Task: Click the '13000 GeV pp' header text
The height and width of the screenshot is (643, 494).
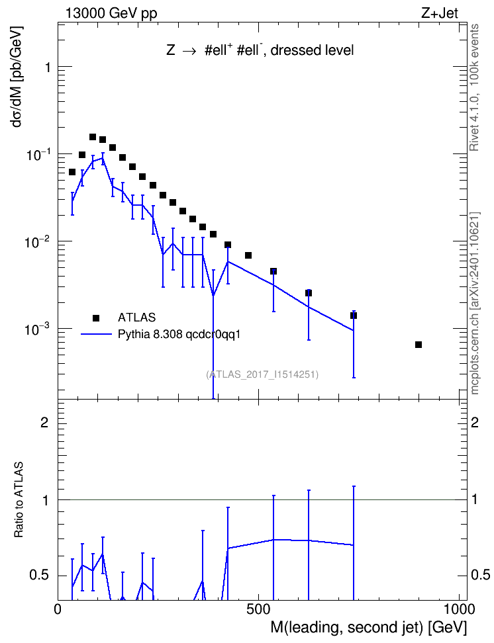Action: click(x=111, y=13)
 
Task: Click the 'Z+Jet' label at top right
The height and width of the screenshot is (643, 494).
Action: click(x=440, y=13)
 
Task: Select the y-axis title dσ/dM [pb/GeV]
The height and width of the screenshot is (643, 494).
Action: click(x=18, y=77)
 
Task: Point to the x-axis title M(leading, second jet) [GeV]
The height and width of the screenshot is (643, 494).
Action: click(x=368, y=627)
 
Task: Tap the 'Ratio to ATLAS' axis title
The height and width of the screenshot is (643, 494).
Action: click(x=19, y=499)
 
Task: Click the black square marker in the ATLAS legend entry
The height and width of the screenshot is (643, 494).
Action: click(x=96, y=318)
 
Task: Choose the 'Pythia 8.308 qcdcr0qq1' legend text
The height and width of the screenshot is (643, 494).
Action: click(x=179, y=334)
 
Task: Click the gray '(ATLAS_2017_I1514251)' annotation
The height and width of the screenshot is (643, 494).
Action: click(x=262, y=374)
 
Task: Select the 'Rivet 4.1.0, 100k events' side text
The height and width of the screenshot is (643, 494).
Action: click(x=474, y=87)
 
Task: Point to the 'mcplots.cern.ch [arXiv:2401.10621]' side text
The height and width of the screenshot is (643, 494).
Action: click(x=475, y=303)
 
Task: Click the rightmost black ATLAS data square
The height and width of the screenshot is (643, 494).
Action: click(x=419, y=345)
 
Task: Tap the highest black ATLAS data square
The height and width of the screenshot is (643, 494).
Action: click(x=93, y=136)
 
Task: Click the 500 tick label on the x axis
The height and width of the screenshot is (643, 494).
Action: click(x=259, y=609)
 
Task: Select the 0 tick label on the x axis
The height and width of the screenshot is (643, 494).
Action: click(x=58, y=609)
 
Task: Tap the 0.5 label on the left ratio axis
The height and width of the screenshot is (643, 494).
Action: click(x=39, y=575)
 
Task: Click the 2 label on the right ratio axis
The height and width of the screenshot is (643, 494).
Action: click(x=475, y=422)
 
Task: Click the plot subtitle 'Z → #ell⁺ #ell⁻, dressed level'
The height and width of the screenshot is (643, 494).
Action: click(x=260, y=50)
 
